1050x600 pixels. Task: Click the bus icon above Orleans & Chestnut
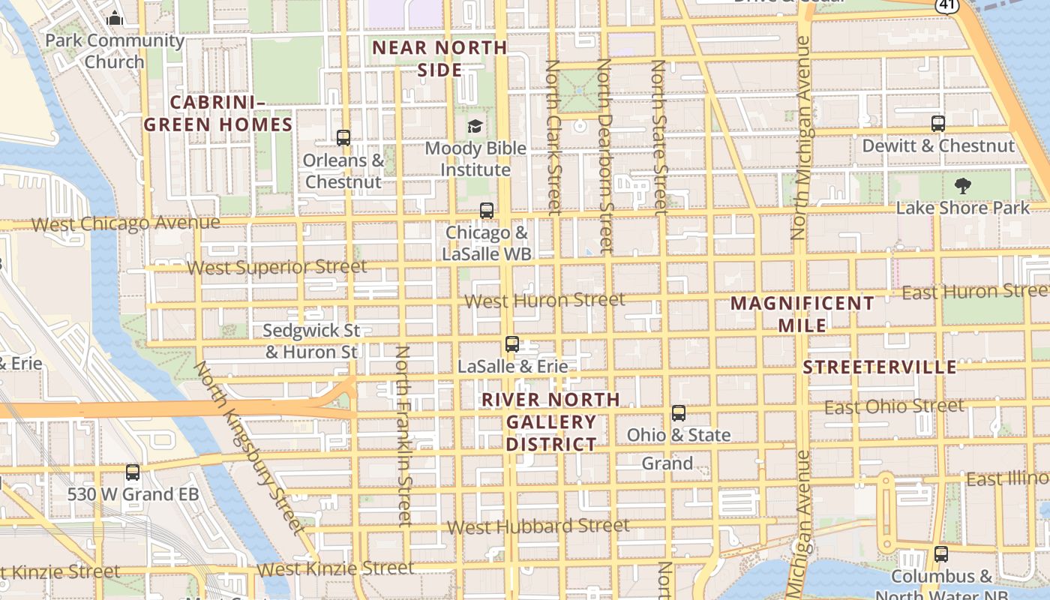pos(343,138)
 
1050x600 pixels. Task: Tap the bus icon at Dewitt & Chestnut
pos(937,124)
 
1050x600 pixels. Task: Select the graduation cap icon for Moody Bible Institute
pos(475,126)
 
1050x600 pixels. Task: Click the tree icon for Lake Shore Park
pos(963,186)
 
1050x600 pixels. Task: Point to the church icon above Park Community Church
pos(115,18)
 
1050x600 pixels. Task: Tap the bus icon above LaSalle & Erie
pos(512,344)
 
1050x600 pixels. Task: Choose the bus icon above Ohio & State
pos(679,413)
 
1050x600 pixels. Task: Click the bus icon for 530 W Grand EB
pos(133,472)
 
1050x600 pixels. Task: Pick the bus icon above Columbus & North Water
pos(941,554)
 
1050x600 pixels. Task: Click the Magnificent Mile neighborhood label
pos(802,314)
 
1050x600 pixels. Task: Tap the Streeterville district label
pos(879,367)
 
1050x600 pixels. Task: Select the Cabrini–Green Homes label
pos(218,113)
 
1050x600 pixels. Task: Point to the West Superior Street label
pos(277,267)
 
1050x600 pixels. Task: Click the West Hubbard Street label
pos(538,526)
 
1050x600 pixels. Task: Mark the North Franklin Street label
pos(403,435)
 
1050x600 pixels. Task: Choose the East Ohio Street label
pos(893,406)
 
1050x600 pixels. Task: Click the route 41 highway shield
pos(946,4)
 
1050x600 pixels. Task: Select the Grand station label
pos(667,463)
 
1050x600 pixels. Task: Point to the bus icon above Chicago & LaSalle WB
pos(487,211)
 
